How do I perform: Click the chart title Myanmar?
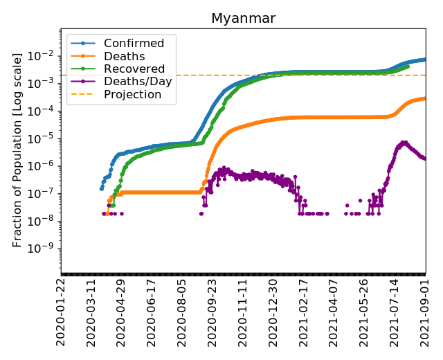[x=243, y=19]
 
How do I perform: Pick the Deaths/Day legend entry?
[x=134, y=81]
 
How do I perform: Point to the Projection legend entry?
[x=132, y=94]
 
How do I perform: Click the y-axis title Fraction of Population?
[x=17, y=149]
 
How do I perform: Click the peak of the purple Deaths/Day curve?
[x=404, y=142]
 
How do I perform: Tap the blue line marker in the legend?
[x=82, y=44]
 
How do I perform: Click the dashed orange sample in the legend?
[x=82, y=94]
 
